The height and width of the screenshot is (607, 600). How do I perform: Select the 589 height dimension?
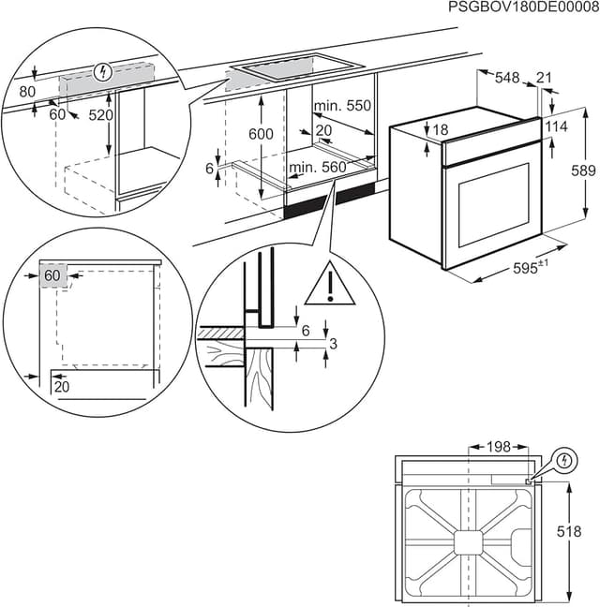tap(584, 170)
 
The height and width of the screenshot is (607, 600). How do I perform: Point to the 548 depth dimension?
tap(506, 80)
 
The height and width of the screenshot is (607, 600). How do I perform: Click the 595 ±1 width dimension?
tap(530, 268)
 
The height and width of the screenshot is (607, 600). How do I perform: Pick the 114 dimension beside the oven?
tap(557, 126)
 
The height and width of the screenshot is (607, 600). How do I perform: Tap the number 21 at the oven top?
tap(545, 80)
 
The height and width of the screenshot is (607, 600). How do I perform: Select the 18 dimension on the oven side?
tap(442, 129)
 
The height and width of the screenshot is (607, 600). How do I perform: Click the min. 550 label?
tap(343, 106)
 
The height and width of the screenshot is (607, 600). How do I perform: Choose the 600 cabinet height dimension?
tap(262, 134)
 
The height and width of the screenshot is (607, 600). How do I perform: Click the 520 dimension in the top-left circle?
tap(100, 115)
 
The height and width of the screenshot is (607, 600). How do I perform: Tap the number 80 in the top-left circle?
tap(26, 92)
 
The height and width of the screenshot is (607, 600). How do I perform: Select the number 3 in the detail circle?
tap(333, 344)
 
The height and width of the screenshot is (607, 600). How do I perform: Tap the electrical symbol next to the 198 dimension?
tap(563, 461)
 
